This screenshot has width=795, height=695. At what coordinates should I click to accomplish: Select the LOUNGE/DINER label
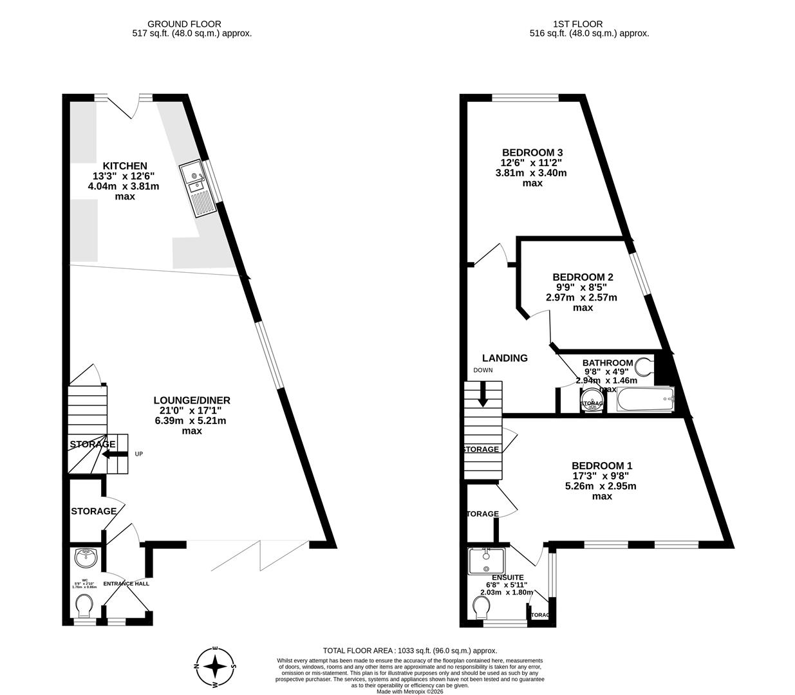[x=191, y=400]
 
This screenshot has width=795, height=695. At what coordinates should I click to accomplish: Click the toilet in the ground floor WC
[x=84, y=606]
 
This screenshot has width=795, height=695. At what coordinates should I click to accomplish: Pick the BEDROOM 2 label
[x=582, y=277]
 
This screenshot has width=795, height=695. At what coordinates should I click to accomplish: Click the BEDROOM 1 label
[x=601, y=465]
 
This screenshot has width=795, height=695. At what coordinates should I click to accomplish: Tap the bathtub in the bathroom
[x=644, y=400]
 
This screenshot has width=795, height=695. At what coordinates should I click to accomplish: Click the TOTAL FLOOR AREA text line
[x=409, y=651]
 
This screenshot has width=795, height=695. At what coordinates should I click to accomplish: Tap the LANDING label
[x=505, y=358]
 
